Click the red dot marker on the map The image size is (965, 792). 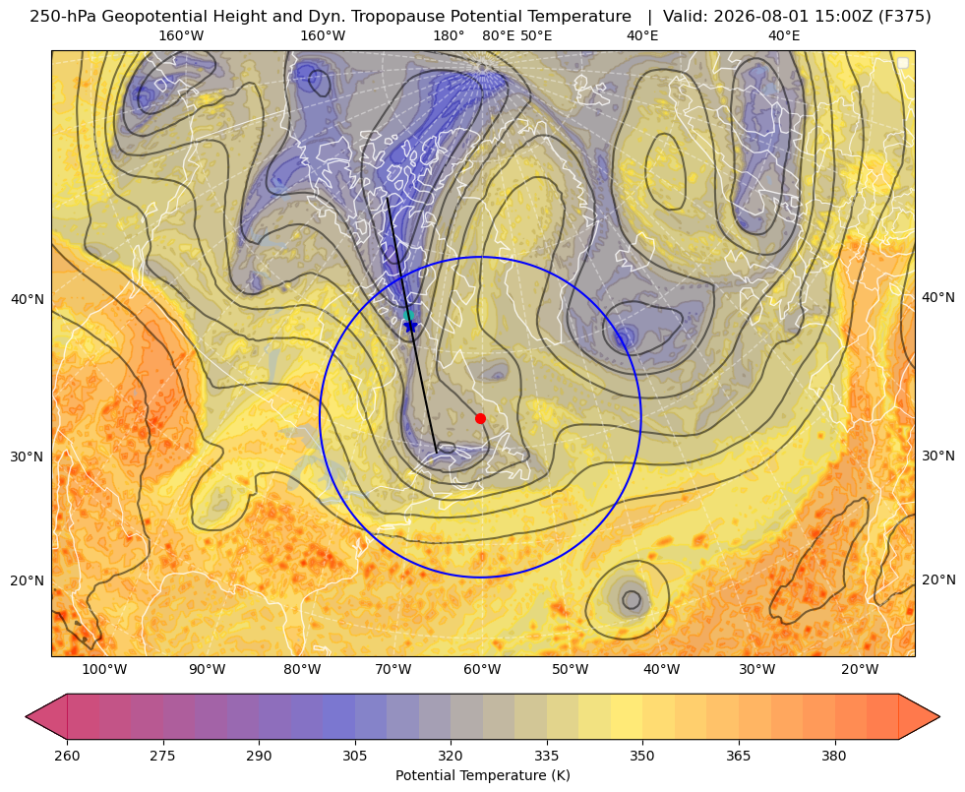point(480,418)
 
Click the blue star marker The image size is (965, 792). point(410,326)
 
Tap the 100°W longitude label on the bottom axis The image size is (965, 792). point(104,670)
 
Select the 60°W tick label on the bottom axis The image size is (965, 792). point(482,670)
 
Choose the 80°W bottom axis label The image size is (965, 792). point(302,670)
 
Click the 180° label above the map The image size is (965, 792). point(449,35)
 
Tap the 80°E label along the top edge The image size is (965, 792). point(498,35)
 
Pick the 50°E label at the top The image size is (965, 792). point(536,35)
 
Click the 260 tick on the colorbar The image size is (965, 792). point(67,756)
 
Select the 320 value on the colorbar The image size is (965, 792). point(451,756)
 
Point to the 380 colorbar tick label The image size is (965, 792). point(834,756)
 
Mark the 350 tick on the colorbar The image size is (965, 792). point(642,756)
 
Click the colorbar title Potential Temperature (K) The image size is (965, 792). point(482,775)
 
